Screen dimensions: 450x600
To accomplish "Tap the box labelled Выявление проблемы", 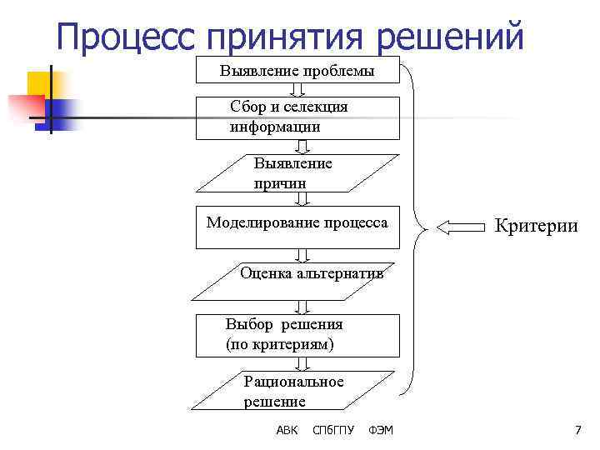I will [297, 71].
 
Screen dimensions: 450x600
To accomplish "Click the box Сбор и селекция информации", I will [297, 117].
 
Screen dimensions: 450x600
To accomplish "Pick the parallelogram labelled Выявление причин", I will [297, 173].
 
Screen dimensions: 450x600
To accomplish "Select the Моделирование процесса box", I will [297, 227].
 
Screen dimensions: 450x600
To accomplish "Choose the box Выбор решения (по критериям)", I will [297, 334].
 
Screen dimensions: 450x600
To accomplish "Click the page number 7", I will [577, 430].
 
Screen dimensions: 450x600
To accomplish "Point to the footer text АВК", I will [286, 430].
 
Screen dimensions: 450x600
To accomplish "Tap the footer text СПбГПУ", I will [332, 430].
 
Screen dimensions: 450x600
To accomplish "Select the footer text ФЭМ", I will [380, 430].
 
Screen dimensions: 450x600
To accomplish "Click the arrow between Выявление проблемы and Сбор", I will [298, 90].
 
